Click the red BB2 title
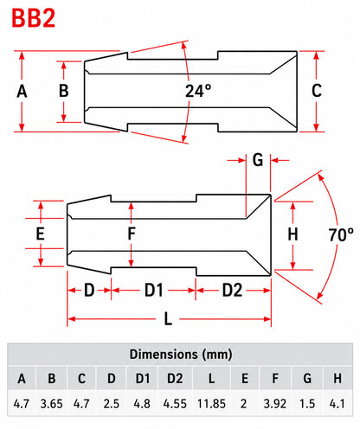[33, 18]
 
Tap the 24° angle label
[198, 91]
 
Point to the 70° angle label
[341, 234]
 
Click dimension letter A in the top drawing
[22, 92]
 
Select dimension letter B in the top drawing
[64, 91]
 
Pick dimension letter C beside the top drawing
[317, 91]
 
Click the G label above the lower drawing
[258, 160]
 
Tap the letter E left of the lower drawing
[40, 234]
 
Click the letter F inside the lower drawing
[132, 234]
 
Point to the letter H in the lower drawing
[292, 234]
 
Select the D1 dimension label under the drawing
[153, 290]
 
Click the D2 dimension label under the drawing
[232, 290]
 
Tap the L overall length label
[168, 319]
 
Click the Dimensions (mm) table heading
[181, 355]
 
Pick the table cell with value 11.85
[211, 404]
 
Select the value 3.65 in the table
[51, 404]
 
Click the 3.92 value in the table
[275, 404]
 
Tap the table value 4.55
[175, 404]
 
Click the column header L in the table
[211, 379]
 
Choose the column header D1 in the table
[143, 379]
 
